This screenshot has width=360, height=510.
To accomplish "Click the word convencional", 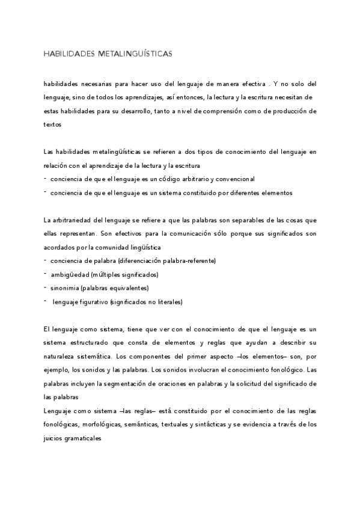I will [237, 179].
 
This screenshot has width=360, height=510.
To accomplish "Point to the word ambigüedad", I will [68, 274].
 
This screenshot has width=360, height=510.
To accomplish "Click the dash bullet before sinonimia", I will [46, 287].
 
